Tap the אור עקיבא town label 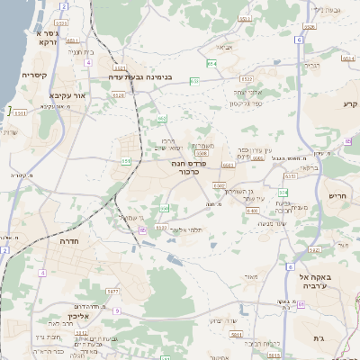[68, 94]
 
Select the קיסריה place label [34, 76]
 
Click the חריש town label [337, 195]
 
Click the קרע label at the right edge [350, 104]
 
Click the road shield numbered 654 [211, 63]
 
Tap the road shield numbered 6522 [160, 228]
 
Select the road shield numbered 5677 [112, 292]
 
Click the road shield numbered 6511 [19, 112]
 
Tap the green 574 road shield [283, 192]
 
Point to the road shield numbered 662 [161, 118]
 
